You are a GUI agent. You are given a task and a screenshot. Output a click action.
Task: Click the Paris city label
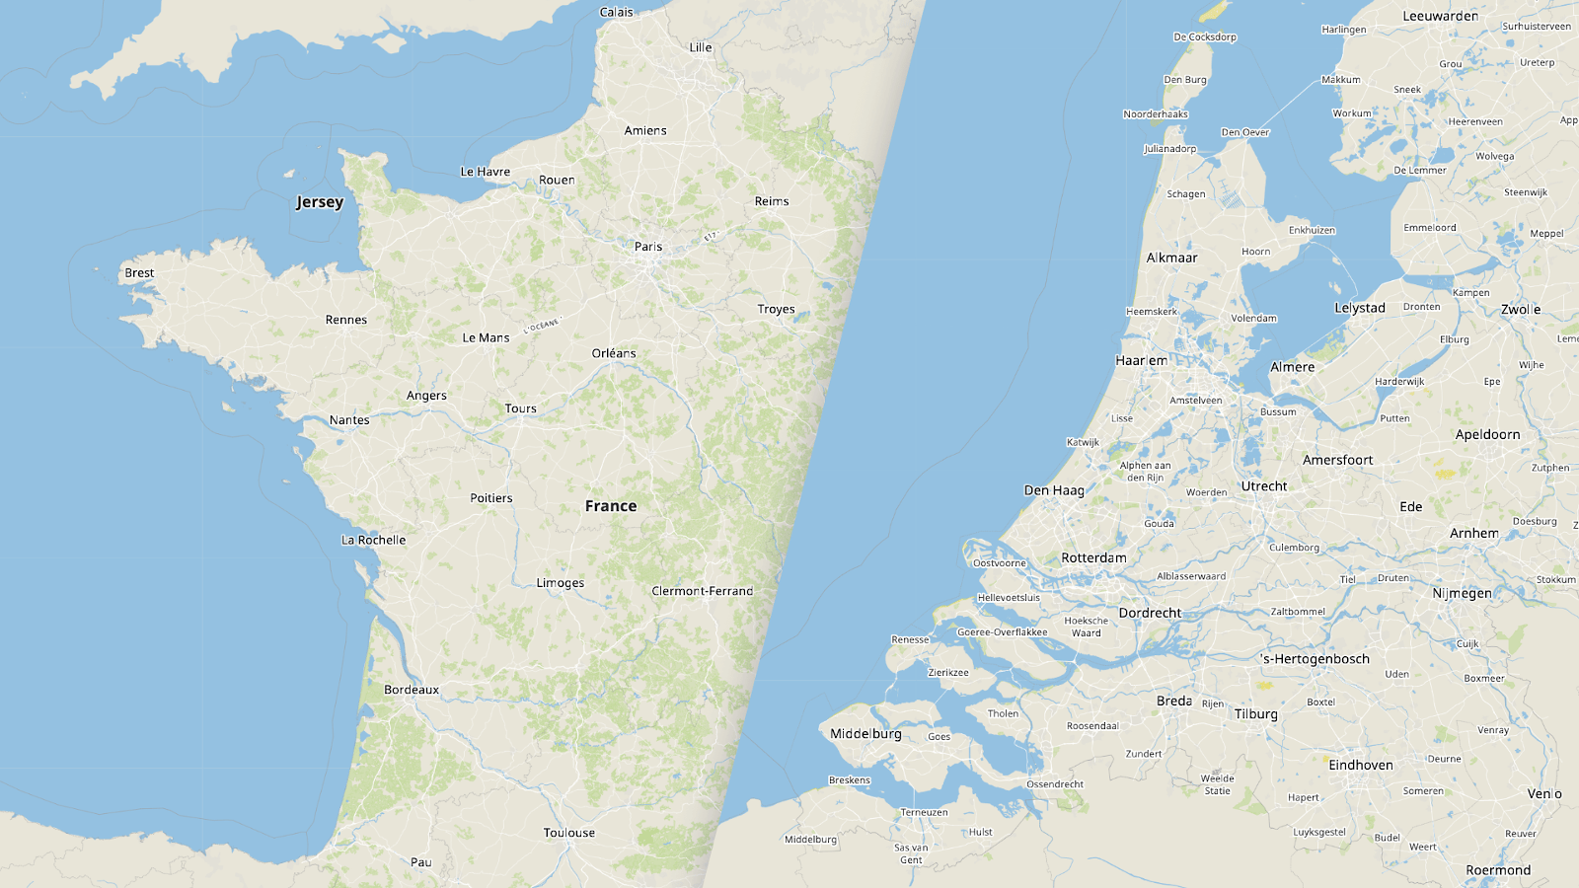648,247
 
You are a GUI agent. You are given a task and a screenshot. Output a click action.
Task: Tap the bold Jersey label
320,202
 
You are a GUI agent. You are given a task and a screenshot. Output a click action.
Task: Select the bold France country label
611,506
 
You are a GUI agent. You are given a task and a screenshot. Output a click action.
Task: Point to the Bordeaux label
412,690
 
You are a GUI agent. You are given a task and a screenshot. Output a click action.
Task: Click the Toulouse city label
569,833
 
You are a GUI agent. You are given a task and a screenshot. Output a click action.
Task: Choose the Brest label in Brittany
139,273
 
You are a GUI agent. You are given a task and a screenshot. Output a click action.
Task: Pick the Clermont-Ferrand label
702,591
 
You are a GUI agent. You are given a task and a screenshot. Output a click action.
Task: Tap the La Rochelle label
373,540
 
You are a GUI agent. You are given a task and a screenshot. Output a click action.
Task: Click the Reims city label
772,201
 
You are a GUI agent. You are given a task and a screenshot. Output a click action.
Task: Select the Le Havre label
486,172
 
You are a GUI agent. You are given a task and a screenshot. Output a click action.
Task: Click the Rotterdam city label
1093,557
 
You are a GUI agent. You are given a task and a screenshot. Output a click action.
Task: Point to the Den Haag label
1054,490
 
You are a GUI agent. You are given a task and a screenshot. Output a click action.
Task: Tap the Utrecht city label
1264,486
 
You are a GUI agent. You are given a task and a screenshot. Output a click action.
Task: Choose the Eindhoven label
1361,765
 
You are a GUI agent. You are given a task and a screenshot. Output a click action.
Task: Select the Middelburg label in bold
865,734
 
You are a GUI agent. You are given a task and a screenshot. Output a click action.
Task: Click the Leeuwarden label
1441,16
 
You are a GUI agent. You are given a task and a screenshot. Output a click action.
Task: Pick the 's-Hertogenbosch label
1316,659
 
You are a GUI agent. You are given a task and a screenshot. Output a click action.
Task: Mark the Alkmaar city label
1172,258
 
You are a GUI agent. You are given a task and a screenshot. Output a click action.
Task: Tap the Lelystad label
1360,308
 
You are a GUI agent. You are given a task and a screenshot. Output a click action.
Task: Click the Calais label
617,12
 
